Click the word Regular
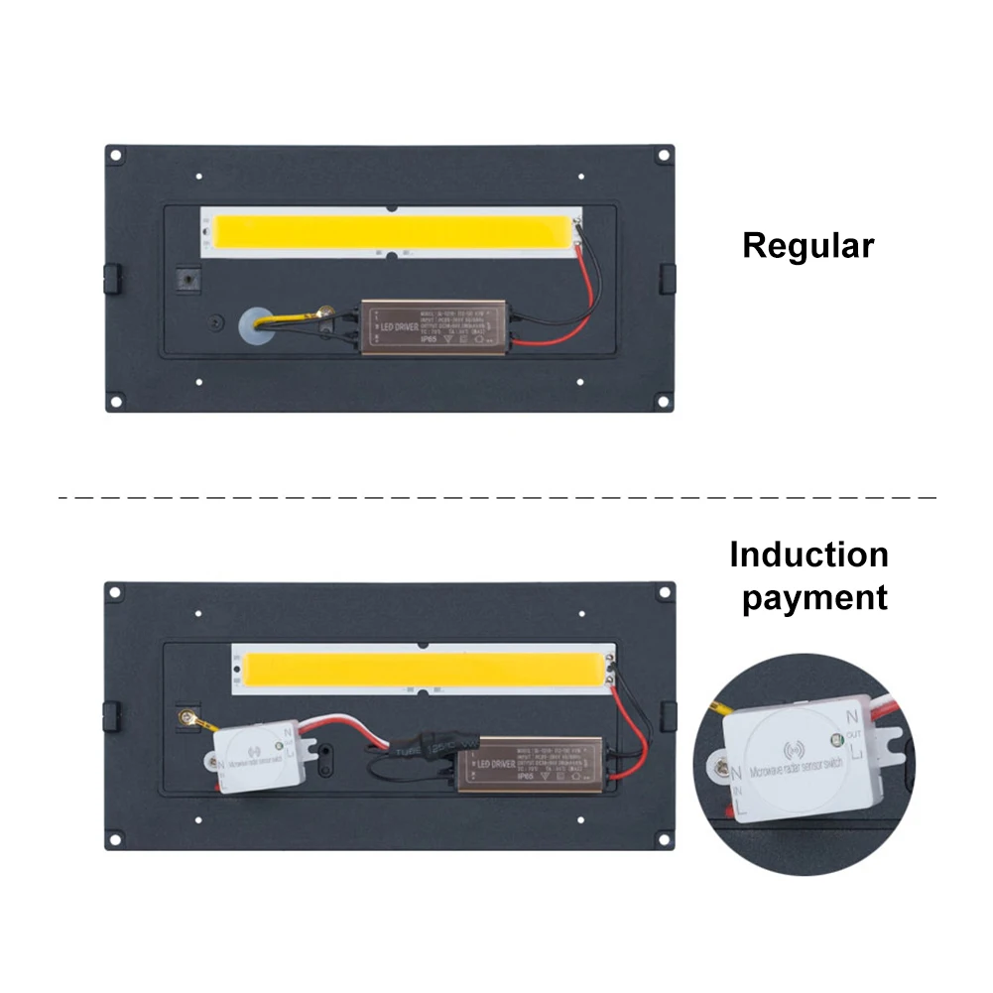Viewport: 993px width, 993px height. click(x=808, y=245)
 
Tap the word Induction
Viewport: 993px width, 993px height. click(x=808, y=555)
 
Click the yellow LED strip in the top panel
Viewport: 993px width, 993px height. click(x=393, y=232)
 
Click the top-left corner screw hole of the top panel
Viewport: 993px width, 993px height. click(x=116, y=156)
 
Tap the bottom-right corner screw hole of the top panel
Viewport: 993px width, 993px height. click(x=663, y=403)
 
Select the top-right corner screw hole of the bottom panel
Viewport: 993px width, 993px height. click(x=663, y=592)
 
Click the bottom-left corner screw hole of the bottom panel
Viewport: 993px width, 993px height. click(x=116, y=840)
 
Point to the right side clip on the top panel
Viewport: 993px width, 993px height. click(x=668, y=279)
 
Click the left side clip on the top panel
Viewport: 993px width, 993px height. click(x=112, y=279)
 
